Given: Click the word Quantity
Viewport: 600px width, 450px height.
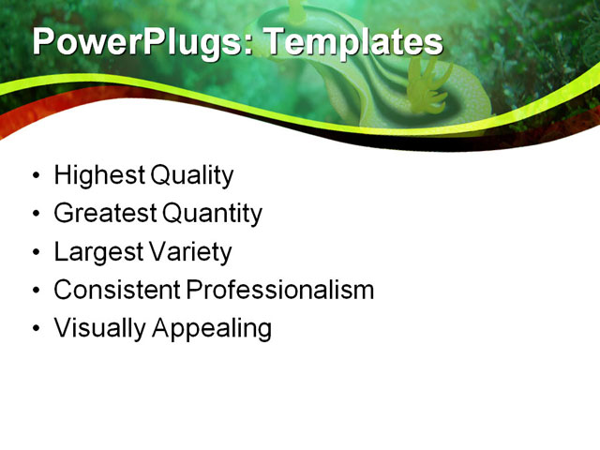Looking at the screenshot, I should [x=213, y=214].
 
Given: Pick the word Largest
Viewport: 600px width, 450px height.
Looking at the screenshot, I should [x=97, y=252].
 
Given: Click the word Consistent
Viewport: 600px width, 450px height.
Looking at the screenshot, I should [x=117, y=291].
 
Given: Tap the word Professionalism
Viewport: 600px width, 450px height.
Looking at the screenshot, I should [x=280, y=291].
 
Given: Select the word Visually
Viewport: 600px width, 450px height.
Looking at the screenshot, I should [x=92, y=329].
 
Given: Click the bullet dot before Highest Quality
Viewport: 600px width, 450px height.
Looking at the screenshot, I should [x=36, y=176].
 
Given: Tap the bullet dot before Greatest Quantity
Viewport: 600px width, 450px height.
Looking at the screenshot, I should [x=36, y=215].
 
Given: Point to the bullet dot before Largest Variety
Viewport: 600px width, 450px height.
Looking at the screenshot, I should [x=36, y=253].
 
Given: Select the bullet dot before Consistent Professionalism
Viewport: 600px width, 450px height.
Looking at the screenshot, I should [x=36, y=292].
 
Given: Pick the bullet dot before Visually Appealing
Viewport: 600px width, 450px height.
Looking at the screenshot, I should [x=36, y=330].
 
